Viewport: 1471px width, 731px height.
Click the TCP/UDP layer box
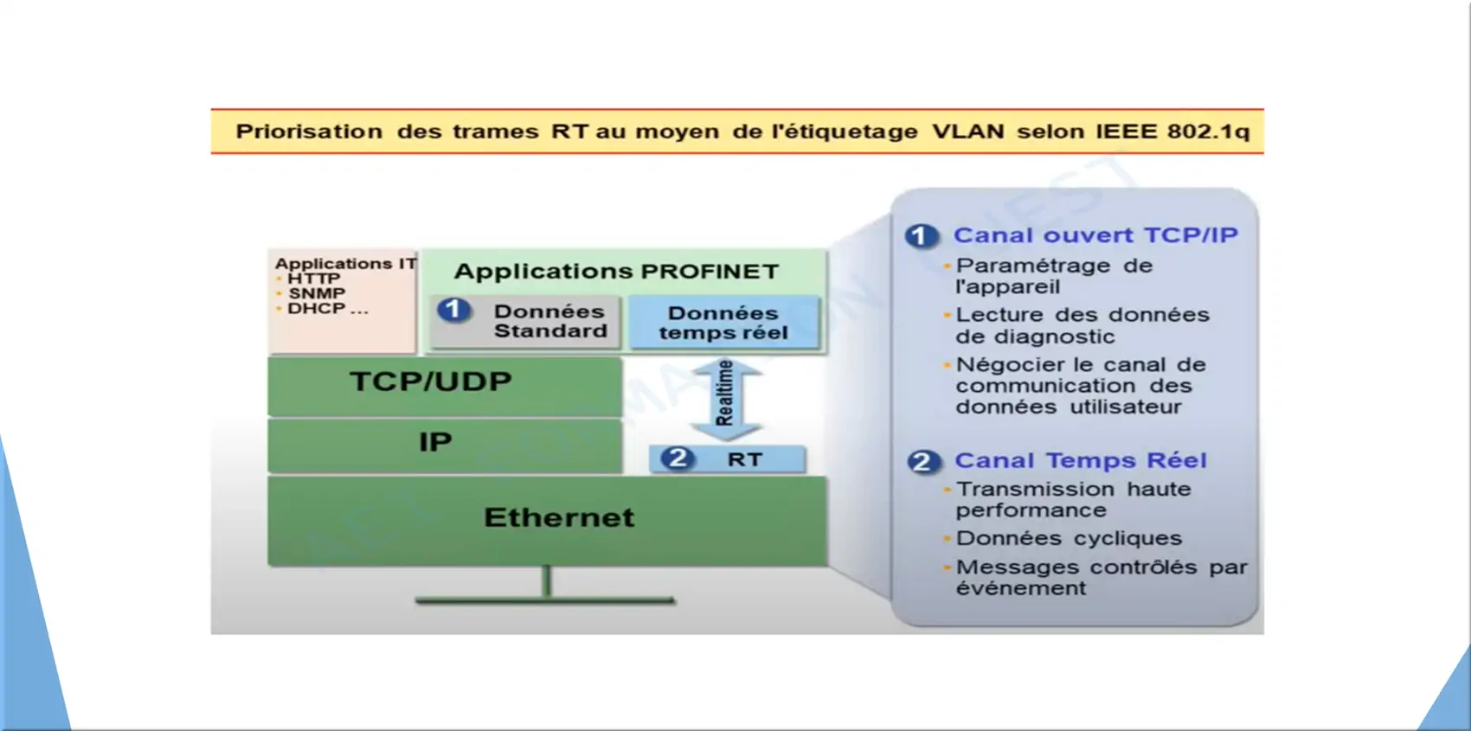(x=445, y=386)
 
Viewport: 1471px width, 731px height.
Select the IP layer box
(x=445, y=446)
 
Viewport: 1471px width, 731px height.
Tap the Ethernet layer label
(x=559, y=517)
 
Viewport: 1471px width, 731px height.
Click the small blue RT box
(x=727, y=459)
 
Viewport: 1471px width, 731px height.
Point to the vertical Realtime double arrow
(x=726, y=400)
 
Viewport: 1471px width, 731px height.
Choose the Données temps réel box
(x=723, y=323)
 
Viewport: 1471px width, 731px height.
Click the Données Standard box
(x=525, y=321)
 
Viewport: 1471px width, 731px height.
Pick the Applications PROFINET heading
(x=616, y=272)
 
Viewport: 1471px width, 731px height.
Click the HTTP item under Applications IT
(x=314, y=279)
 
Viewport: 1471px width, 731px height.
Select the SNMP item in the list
(x=317, y=293)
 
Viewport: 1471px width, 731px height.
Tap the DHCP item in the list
(x=328, y=308)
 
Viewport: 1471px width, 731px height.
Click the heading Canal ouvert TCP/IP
(x=1095, y=235)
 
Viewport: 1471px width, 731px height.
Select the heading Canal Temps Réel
(x=1080, y=460)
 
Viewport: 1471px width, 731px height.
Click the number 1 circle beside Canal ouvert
(x=921, y=236)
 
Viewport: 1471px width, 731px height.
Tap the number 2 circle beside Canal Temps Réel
(x=923, y=462)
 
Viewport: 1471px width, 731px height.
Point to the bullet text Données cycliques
(x=1069, y=539)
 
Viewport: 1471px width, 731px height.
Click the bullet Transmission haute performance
(x=1073, y=500)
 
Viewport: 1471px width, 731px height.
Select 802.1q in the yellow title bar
(x=1208, y=131)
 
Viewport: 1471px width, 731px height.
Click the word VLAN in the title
(x=968, y=131)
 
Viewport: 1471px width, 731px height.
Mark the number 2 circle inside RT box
(x=677, y=458)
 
